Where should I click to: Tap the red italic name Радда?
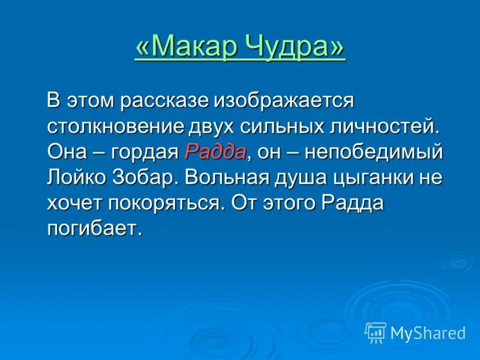(215, 152)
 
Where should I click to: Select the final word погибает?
(95, 229)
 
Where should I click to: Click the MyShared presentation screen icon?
(376, 332)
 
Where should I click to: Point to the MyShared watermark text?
(428, 332)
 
